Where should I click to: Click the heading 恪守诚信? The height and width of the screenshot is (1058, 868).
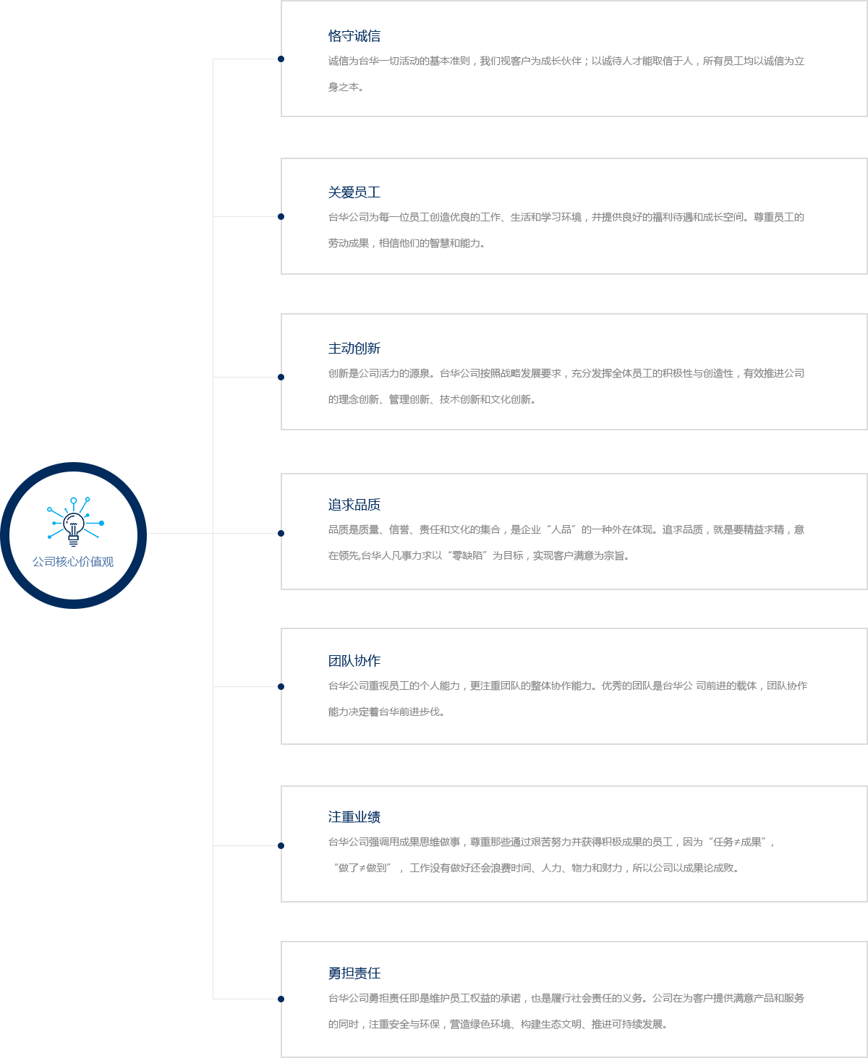click(x=354, y=36)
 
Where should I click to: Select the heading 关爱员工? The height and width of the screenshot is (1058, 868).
click(x=354, y=192)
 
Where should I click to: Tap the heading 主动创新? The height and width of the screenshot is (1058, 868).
click(x=354, y=349)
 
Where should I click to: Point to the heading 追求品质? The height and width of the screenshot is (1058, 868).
click(x=354, y=505)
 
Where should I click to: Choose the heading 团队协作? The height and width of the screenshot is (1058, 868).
click(x=354, y=661)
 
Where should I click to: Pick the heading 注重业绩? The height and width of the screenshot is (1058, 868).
click(x=354, y=817)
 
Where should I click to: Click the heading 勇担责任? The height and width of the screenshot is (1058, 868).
click(x=354, y=973)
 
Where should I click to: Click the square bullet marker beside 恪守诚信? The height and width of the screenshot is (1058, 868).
click(x=281, y=59)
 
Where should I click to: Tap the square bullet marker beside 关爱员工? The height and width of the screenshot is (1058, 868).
click(x=281, y=216)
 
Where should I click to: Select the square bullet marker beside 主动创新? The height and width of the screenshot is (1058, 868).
click(x=281, y=377)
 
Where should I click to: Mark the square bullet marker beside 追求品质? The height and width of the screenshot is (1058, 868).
click(x=281, y=533)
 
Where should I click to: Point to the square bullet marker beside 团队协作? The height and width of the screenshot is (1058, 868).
click(x=281, y=686)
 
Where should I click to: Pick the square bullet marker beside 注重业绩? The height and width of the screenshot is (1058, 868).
click(x=281, y=845)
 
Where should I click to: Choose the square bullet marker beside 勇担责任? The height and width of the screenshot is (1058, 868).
click(x=281, y=999)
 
